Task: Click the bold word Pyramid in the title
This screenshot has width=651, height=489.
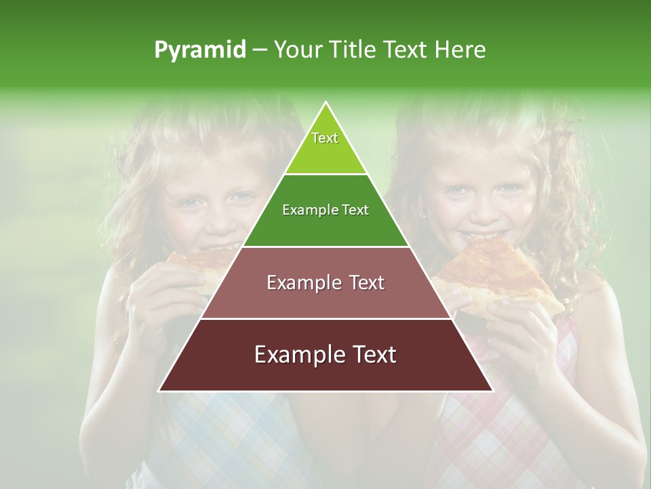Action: tap(199, 50)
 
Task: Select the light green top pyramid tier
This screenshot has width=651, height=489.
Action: tap(325, 146)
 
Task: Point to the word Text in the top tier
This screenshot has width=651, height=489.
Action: tap(325, 138)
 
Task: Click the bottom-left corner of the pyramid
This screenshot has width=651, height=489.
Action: tap(159, 391)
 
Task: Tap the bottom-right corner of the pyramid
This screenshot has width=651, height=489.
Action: tap(492, 391)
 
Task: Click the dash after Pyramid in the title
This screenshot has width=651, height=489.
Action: tap(260, 50)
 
